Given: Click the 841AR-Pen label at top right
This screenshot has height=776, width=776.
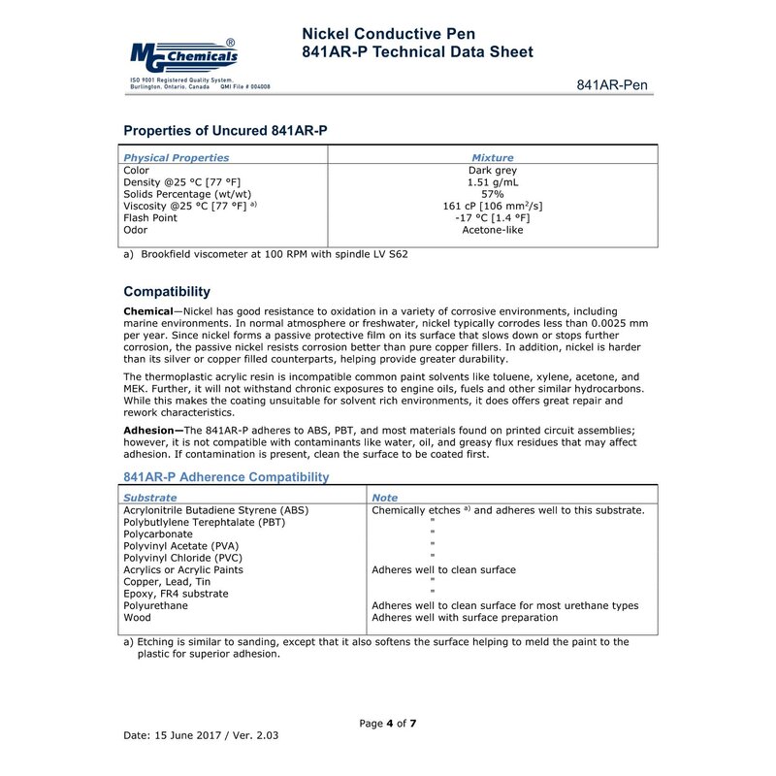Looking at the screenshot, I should coord(612,85).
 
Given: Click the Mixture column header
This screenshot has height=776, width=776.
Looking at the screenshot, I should coord(493,157).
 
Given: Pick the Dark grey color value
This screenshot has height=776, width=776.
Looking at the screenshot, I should coord(493,170).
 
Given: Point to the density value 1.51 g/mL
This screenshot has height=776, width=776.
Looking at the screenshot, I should coord(493,182).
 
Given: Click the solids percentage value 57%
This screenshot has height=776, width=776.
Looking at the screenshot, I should coord(493,194).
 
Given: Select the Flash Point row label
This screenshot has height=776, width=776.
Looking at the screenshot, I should coord(150,218).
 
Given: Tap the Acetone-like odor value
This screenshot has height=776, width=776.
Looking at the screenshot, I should coord(493,230).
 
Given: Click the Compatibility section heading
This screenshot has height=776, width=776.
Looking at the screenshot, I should coord(167,291).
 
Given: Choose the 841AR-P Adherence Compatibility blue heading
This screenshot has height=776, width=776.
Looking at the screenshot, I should coord(226,477).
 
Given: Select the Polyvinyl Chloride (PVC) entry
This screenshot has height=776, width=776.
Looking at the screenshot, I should coord(182,558).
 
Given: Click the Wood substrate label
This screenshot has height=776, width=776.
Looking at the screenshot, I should coord(137,618).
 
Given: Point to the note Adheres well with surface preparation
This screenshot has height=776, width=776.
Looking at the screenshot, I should coord(465,618).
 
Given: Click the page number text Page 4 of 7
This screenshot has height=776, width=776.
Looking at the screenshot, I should coord(388,724).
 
